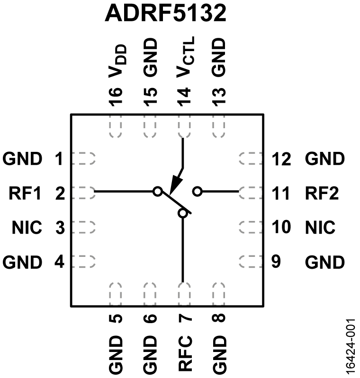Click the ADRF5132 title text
(x=166, y=14)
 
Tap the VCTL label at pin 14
(x=184, y=59)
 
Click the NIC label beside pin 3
(x=27, y=228)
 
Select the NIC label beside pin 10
(x=320, y=228)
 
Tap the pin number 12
(x=282, y=159)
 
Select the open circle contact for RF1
(x=158, y=192)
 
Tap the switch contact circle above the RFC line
(x=183, y=214)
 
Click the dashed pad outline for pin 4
(x=86, y=260)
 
